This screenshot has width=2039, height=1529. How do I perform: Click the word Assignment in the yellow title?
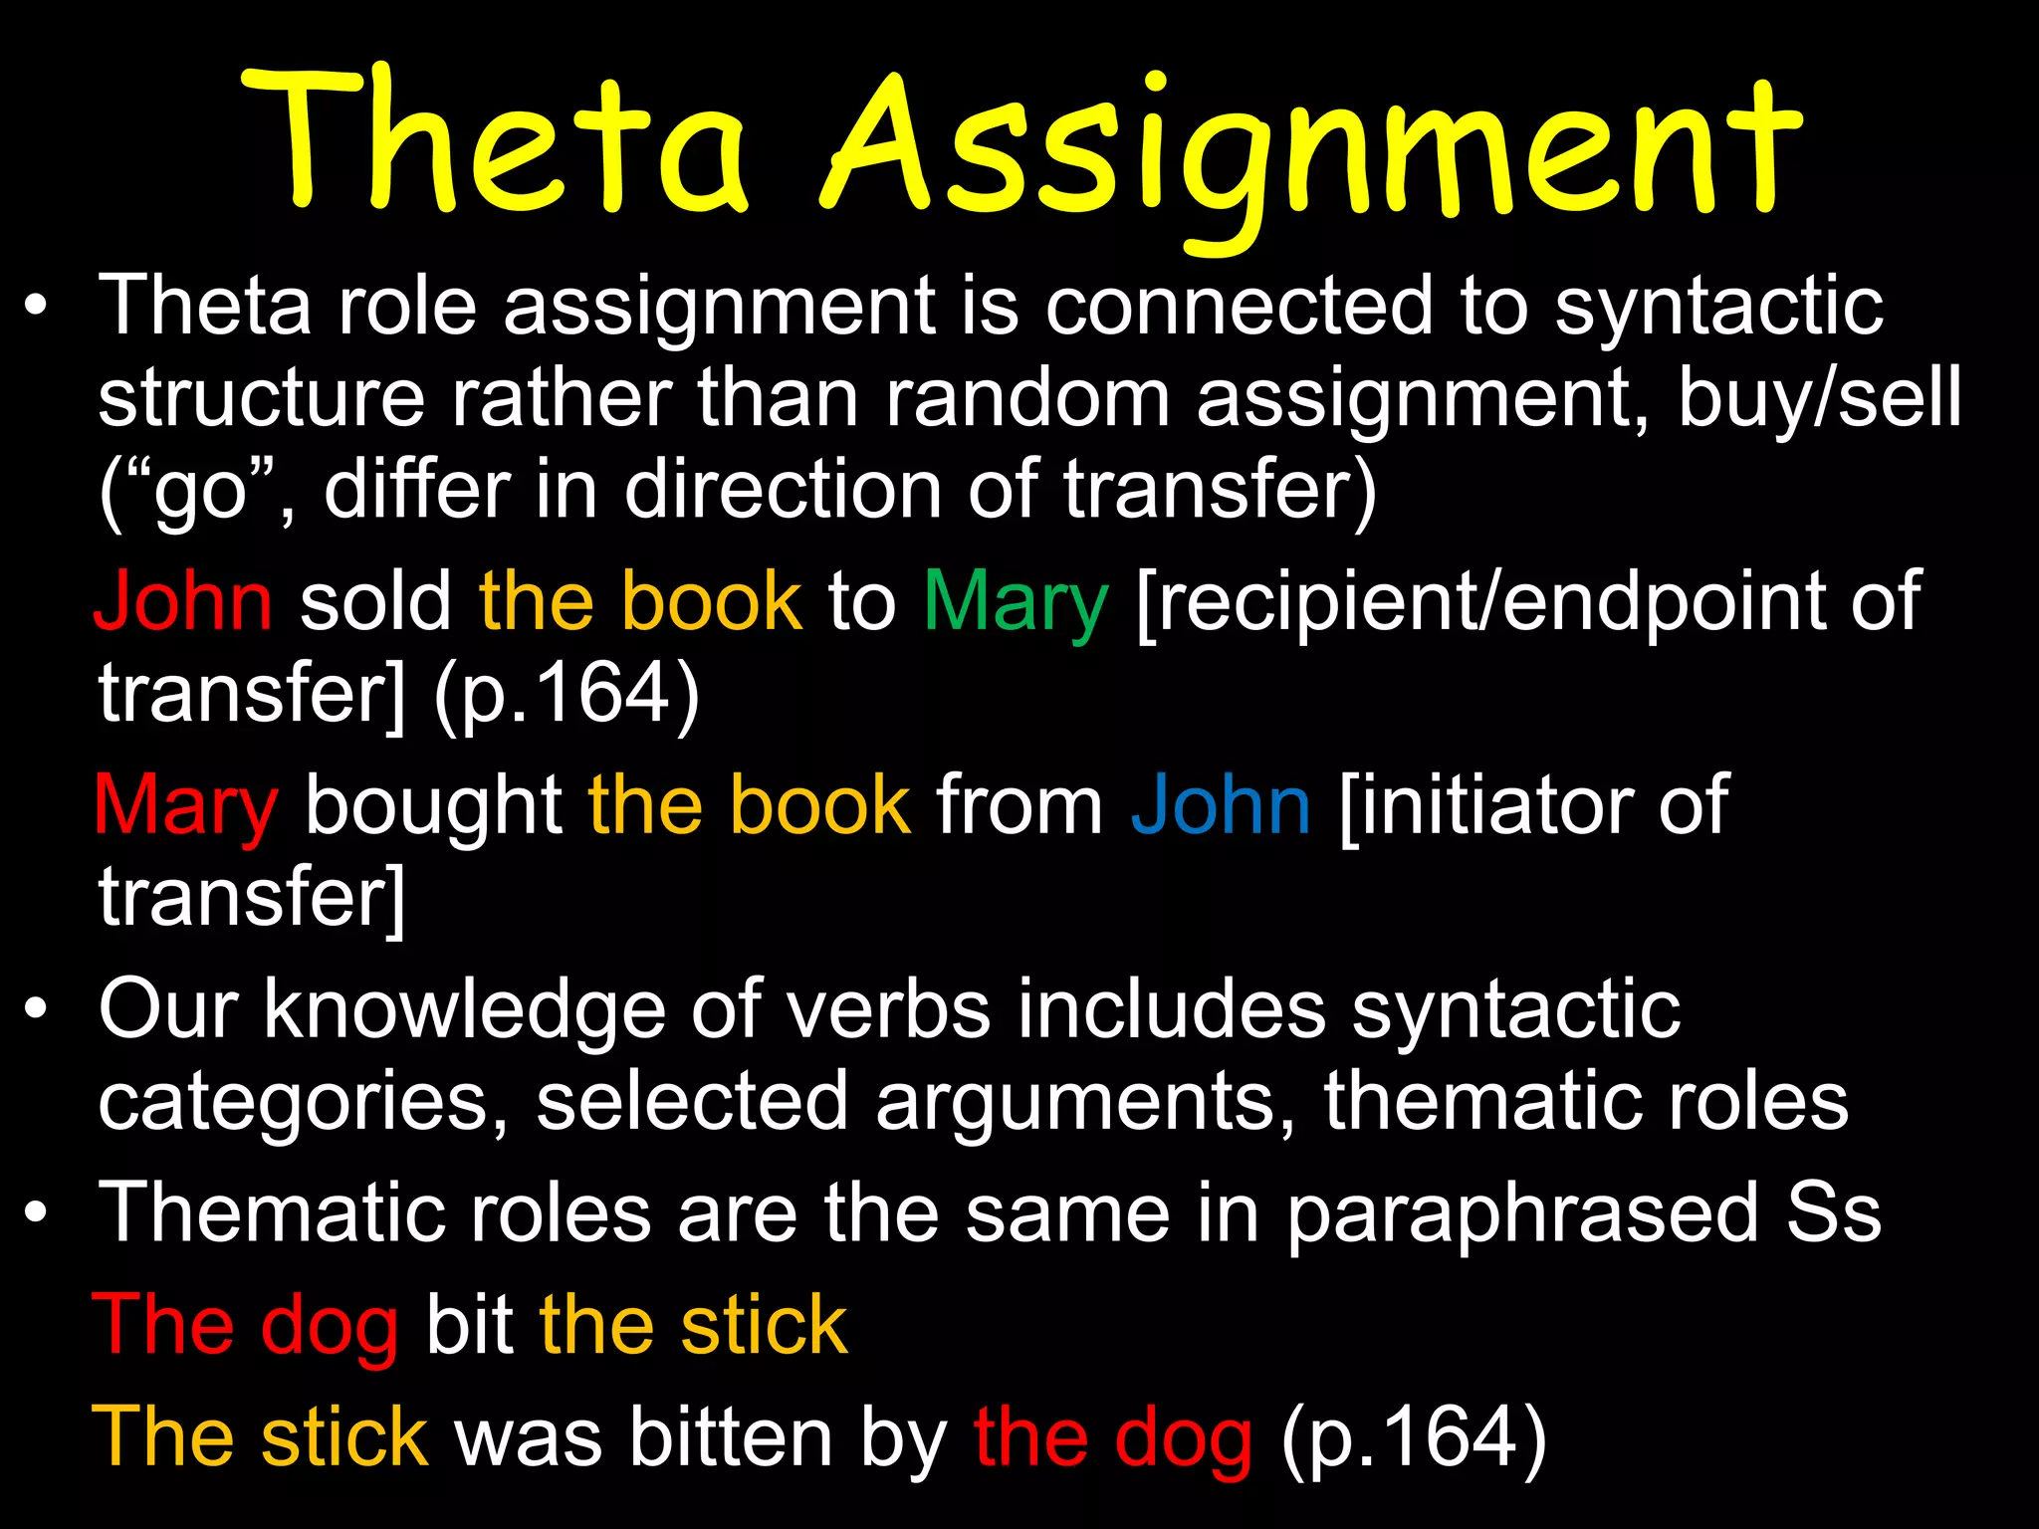[1312, 149]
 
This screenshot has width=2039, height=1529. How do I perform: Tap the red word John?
[183, 601]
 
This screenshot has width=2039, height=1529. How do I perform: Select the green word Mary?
[1015, 603]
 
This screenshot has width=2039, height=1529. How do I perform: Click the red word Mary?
[185, 807]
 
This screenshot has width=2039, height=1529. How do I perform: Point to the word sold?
[376, 601]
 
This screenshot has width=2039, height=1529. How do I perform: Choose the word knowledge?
[464, 1009]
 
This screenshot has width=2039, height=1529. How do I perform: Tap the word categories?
[303, 1103]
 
